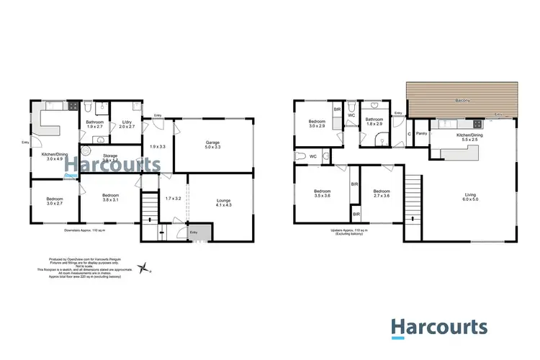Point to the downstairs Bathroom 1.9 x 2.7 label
click(x=96, y=125)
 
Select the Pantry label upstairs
click(x=421, y=133)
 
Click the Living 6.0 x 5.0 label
click(x=472, y=197)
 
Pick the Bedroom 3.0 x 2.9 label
click(x=318, y=124)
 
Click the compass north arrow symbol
click(x=147, y=268)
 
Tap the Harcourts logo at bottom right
click(x=439, y=327)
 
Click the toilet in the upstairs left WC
click(x=300, y=156)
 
